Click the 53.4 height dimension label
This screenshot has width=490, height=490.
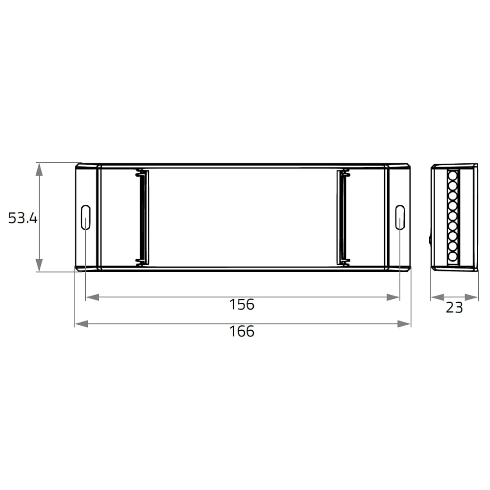coord(23,218)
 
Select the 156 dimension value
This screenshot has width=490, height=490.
coord(242,305)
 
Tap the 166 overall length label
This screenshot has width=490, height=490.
coord(242,332)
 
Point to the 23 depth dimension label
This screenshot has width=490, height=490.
coord(454,308)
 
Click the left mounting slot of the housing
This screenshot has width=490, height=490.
coord(86,218)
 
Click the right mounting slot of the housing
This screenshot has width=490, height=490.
coord(400,218)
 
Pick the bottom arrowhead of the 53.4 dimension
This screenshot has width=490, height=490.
coord(39,265)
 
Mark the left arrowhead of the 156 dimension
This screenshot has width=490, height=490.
coord(93,297)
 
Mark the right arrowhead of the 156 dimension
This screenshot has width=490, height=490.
coord(393,297)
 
